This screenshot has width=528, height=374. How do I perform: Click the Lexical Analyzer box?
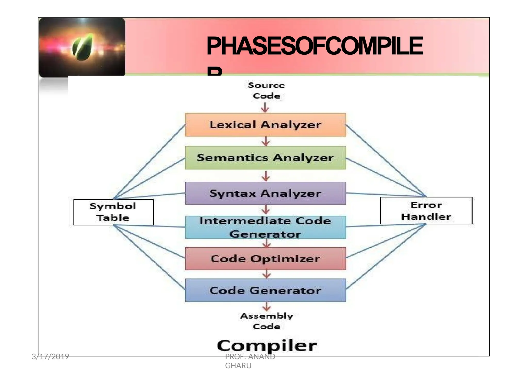tap(266, 125)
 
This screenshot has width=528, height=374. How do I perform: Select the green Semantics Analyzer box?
tap(266, 158)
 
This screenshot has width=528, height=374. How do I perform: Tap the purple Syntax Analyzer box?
tap(266, 193)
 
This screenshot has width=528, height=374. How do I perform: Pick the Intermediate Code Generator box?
tap(266, 227)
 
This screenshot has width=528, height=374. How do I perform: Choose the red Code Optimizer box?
tap(266, 259)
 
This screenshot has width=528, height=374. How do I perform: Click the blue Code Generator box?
tap(266, 290)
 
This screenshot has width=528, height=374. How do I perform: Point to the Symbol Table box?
tap(113, 212)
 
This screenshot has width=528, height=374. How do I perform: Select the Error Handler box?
tap(426, 210)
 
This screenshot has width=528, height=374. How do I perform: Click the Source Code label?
tap(266, 91)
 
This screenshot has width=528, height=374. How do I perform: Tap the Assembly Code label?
tap(267, 321)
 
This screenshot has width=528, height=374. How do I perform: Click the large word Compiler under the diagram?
tap(267, 346)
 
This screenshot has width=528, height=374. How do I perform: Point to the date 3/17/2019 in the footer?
tap(50, 357)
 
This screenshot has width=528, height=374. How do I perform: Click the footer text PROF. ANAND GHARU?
tap(250, 361)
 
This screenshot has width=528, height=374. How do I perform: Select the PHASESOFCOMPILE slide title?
tap(315, 46)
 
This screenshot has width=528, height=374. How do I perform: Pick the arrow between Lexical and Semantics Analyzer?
tap(266, 141)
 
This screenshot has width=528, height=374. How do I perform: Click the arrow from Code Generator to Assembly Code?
tap(267, 307)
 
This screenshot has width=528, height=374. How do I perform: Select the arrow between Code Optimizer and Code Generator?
tap(267, 274)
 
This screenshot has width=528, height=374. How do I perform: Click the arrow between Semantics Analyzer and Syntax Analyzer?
tap(266, 176)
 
